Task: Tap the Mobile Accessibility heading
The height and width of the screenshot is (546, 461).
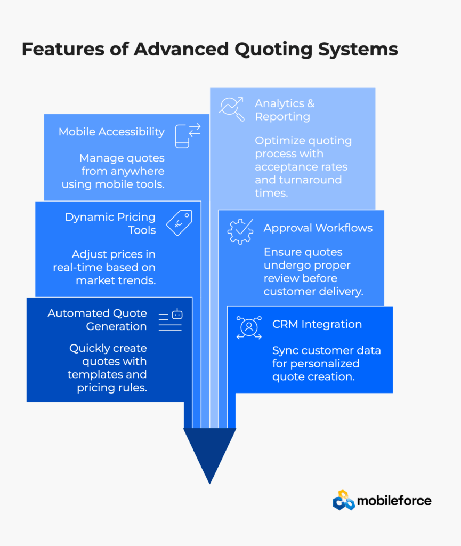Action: pos(111,132)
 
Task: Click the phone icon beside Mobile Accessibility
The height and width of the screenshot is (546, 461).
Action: pos(187,135)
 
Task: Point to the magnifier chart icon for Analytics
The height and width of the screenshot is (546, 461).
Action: pos(232,109)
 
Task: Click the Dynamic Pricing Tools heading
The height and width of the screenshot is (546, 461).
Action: pos(110,223)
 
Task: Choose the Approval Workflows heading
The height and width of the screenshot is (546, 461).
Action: pos(318,228)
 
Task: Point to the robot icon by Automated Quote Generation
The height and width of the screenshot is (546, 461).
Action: pos(171,319)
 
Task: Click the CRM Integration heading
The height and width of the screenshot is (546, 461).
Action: pos(317,324)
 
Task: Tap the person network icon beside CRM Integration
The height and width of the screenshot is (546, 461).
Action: pos(249,327)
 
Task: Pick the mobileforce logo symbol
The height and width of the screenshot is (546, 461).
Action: pos(344,500)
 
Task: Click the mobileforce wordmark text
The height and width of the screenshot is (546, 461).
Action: pos(394,501)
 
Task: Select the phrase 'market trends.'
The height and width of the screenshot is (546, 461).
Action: pos(116,280)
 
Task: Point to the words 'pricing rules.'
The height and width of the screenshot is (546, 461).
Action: pos(111,388)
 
